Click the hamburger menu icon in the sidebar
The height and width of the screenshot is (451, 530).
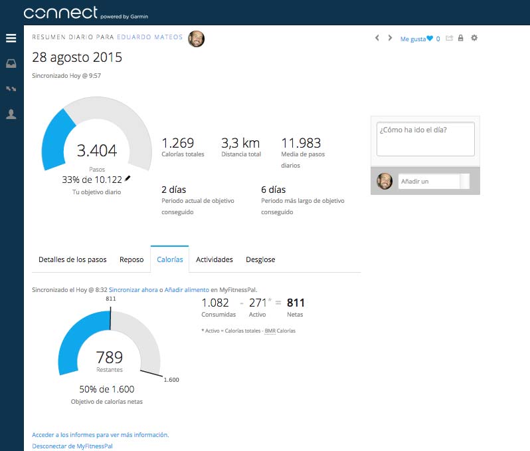tap(11, 38)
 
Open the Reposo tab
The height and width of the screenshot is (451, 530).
tap(132, 259)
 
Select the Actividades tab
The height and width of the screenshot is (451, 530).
tap(215, 259)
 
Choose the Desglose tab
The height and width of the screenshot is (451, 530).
tap(260, 259)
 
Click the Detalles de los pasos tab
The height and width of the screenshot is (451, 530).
tap(72, 259)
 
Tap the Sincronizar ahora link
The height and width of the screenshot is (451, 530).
tap(133, 290)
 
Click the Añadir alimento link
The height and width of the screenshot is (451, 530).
tap(187, 290)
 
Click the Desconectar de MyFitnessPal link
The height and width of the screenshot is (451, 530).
tap(72, 446)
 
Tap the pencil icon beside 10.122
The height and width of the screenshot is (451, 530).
tap(128, 178)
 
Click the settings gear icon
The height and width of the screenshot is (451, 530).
tap(474, 38)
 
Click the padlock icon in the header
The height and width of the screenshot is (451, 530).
tap(460, 38)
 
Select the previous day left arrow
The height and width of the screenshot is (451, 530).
tap(377, 38)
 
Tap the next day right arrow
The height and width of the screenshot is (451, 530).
tap(390, 38)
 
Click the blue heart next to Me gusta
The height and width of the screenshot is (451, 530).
tap(430, 39)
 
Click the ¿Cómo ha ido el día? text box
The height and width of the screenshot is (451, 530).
tap(426, 139)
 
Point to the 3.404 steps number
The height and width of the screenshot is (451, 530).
tap(97, 151)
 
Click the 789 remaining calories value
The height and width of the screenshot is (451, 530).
tap(109, 357)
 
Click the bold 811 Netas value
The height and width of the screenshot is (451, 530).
tap(296, 303)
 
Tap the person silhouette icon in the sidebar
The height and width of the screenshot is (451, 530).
tap(11, 114)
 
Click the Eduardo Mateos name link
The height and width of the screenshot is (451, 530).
tap(149, 37)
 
